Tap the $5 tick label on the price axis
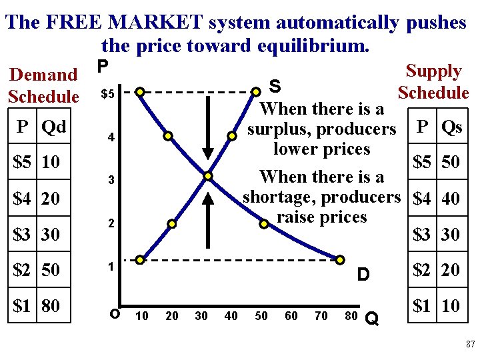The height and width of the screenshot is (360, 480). [108, 94]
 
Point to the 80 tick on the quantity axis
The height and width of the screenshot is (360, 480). [351, 316]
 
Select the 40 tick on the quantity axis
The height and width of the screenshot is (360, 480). [231, 316]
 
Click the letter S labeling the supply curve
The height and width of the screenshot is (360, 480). [274, 87]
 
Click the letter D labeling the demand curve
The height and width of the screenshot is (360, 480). [363, 275]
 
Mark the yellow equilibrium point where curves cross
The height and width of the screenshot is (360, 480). [208, 176]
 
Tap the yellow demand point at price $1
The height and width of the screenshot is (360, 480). [339, 259]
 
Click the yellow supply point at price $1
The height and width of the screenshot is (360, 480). [140, 259]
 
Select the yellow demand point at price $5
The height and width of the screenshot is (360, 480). [140, 91]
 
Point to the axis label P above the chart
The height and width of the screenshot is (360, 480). [102, 67]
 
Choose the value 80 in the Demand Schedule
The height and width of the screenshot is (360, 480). [51, 306]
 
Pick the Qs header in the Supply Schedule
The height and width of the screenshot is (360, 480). [451, 127]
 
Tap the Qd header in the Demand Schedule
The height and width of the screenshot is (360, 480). [53, 126]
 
